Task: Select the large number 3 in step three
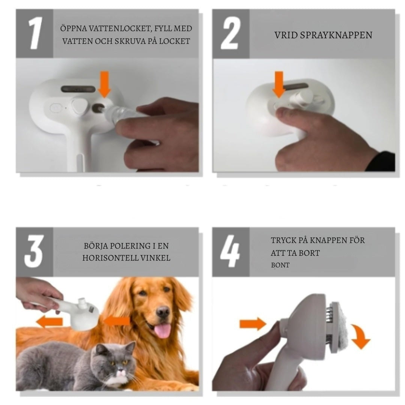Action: (x=34, y=251)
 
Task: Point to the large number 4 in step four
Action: (x=230, y=251)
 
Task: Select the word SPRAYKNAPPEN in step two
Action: (x=336, y=35)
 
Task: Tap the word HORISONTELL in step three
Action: (x=110, y=258)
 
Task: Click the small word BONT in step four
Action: (x=280, y=265)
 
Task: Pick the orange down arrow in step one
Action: (x=104, y=84)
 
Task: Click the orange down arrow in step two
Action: (x=279, y=84)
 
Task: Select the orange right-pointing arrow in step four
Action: (x=253, y=324)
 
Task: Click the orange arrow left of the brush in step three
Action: (x=49, y=322)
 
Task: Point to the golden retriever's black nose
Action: (x=163, y=312)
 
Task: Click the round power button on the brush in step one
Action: (x=55, y=108)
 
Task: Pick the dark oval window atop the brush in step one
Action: (x=78, y=89)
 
